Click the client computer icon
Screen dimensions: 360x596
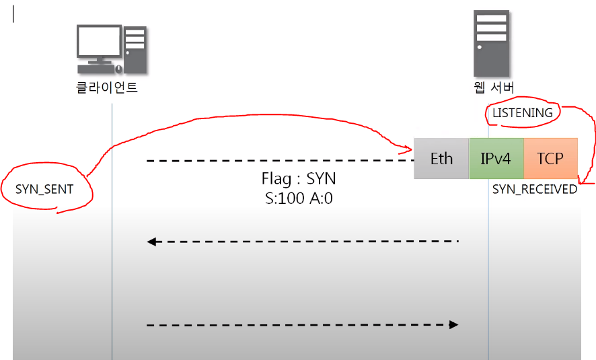point(111,48)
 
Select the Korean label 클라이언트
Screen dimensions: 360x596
point(106,87)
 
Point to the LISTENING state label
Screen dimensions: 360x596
point(523,112)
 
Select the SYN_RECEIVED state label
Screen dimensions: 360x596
point(535,189)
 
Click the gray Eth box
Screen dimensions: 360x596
point(441,159)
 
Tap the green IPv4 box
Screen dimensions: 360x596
point(496,159)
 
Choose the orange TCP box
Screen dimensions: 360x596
point(550,159)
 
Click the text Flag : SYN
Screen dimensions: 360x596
point(298,180)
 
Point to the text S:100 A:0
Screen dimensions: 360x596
point(298,199)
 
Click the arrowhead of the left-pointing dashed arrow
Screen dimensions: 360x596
point(152,242)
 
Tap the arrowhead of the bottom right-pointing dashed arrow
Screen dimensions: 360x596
point(454,325)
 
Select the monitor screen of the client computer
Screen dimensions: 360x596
point(98,41)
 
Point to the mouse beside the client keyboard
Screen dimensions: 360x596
point(118,69)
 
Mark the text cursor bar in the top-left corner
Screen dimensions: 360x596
point(13,14)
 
